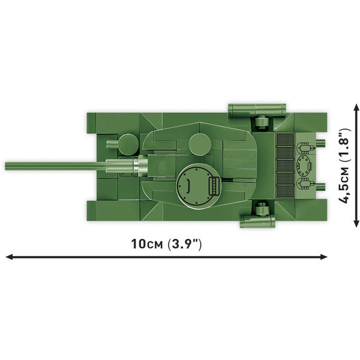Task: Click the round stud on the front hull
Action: [127, 144]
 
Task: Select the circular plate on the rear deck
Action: [305, 164]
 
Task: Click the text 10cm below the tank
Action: [146, 244]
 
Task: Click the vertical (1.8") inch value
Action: [344, 146]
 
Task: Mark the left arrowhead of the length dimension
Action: [8, 257]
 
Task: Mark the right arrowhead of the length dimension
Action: [325, 257]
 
